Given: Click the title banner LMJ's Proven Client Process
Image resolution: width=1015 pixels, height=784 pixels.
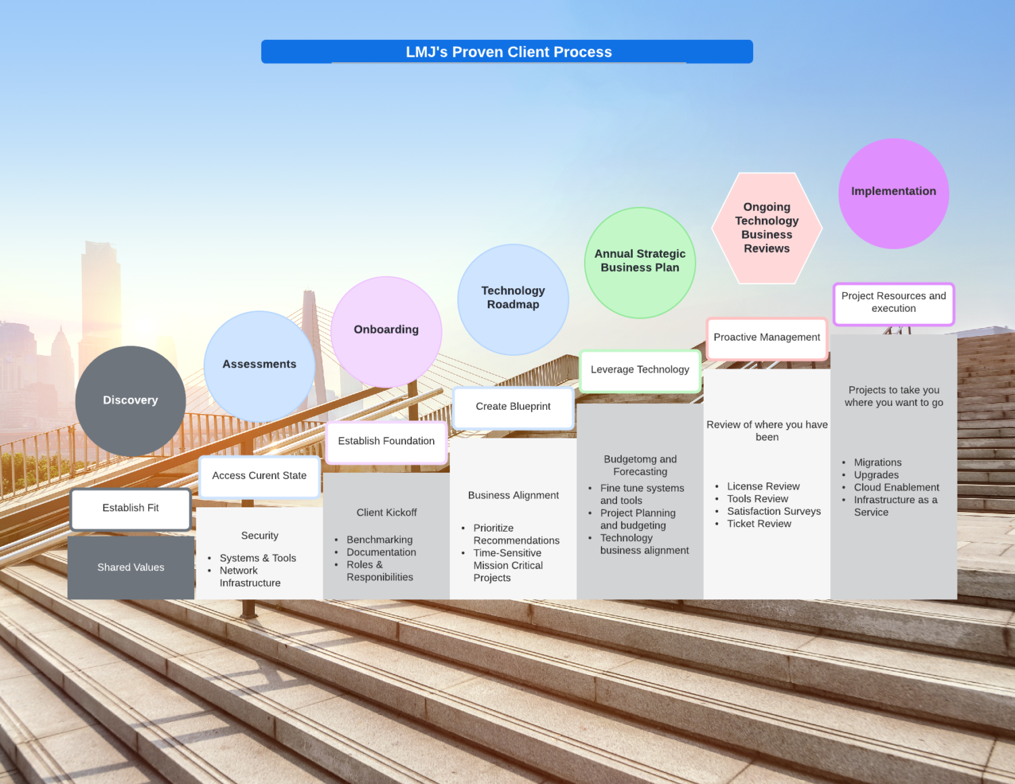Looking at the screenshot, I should [507, 52].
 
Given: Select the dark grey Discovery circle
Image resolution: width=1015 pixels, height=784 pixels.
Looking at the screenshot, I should [131, 400].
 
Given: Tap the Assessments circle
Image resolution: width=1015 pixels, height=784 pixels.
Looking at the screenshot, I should [259, 365].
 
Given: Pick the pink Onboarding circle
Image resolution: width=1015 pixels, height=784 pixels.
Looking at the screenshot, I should [386, 331].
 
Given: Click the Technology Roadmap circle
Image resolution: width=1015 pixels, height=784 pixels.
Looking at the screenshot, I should [513, 298].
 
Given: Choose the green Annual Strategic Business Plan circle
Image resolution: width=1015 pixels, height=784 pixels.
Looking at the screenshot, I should [639, 262].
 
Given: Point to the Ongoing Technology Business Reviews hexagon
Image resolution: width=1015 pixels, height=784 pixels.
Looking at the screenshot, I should [767, 228].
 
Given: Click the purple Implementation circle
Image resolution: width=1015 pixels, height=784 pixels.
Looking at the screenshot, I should [893, 193].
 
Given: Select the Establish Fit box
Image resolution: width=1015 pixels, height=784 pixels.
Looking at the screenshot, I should [131, 508].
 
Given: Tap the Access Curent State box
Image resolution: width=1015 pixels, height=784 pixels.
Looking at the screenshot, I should [259, 476].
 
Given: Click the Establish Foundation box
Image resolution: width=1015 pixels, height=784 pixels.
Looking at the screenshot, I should [386, 442].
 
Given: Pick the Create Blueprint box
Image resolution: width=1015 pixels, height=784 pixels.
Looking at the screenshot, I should [513, 407].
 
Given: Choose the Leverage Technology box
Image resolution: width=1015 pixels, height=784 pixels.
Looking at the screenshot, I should [639, 370].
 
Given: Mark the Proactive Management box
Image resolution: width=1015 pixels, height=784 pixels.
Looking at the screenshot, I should [767, 338].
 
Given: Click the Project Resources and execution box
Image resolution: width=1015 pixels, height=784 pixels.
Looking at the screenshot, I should [893, 303].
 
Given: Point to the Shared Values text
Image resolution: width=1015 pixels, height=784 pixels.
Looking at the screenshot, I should [131, 568].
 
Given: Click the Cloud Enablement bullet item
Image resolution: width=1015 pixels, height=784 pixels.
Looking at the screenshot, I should [896, 488].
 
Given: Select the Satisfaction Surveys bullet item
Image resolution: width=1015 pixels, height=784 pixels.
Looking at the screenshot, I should [773, 511].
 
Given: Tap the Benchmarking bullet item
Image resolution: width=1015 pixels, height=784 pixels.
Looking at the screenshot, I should [379, 540].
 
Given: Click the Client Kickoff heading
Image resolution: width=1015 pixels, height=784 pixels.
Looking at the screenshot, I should [386, 513].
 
